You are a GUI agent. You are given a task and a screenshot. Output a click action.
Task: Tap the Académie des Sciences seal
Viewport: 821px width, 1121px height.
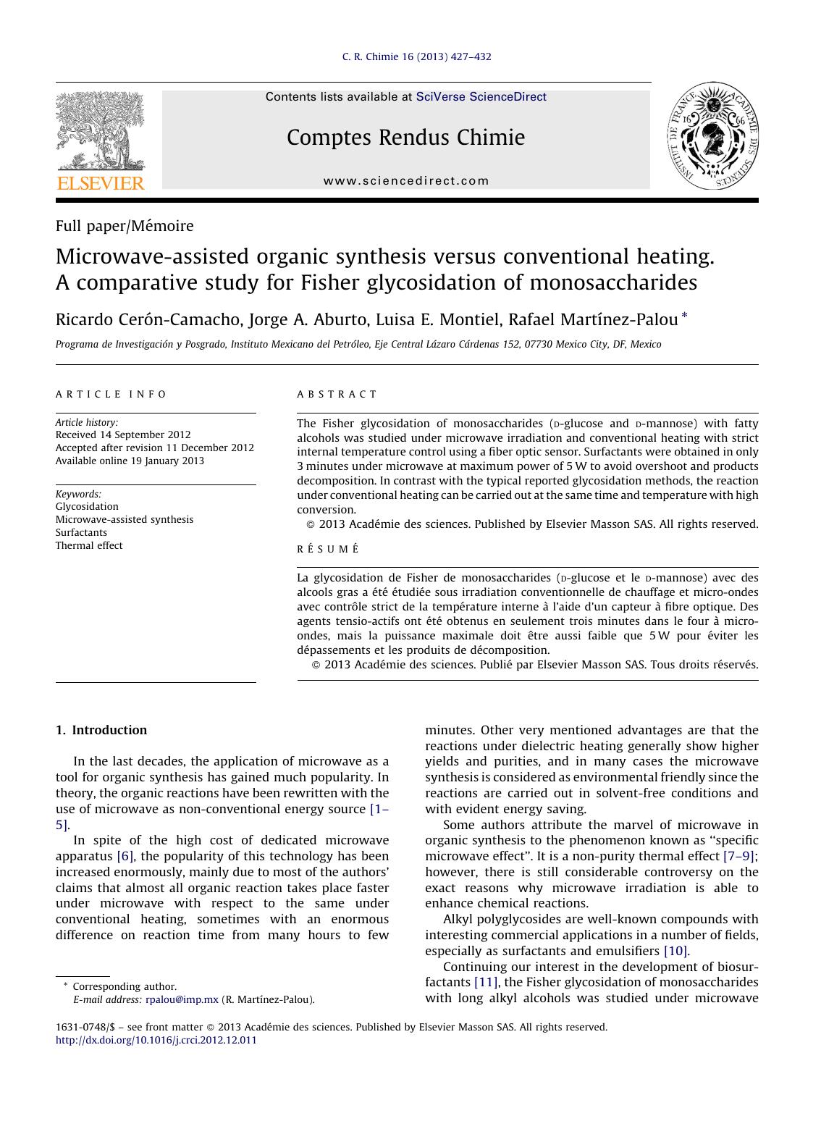click(x=712, y=136)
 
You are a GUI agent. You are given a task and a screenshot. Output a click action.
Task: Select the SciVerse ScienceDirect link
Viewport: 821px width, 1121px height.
click(x=481, y=97)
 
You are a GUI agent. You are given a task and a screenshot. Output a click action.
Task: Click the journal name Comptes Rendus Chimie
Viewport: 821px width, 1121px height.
click(x=405, y=138)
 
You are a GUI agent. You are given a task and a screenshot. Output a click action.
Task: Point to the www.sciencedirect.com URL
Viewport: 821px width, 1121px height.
click(x=406, y=181)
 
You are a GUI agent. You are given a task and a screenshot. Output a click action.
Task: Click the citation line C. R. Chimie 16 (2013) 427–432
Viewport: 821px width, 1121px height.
click(x=416, y=57)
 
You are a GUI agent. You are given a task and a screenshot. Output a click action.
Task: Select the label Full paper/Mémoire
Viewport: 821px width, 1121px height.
click(x=125, y=226)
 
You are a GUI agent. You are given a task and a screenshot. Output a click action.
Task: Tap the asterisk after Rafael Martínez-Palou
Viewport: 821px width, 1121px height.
click(x=685, y=316)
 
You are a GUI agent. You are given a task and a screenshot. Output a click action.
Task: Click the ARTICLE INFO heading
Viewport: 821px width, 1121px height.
click(x=111, y=395)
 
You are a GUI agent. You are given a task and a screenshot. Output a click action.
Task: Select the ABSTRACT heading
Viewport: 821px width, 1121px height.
click(x=337, y=395)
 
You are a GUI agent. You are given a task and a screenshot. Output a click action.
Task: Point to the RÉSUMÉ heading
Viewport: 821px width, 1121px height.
click(x=328, y=550)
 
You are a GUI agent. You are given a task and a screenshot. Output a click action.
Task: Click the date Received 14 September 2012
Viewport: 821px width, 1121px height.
click(x=123, y=434)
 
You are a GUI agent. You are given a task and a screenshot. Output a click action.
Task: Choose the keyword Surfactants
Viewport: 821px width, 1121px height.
click(x=81, y=532)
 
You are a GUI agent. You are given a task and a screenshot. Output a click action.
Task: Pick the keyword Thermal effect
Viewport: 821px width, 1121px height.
click(x=89, y=545)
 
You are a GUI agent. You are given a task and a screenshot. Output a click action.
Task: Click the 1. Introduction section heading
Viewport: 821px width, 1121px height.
click(x=101, y=730)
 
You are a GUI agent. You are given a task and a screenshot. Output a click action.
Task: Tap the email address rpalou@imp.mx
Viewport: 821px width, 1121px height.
click(x=182, y=999)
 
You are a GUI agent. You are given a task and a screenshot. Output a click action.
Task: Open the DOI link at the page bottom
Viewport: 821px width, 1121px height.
click(x=156, y=1040)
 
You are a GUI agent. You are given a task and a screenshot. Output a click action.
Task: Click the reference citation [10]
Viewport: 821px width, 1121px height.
click(x=676, y=951)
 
